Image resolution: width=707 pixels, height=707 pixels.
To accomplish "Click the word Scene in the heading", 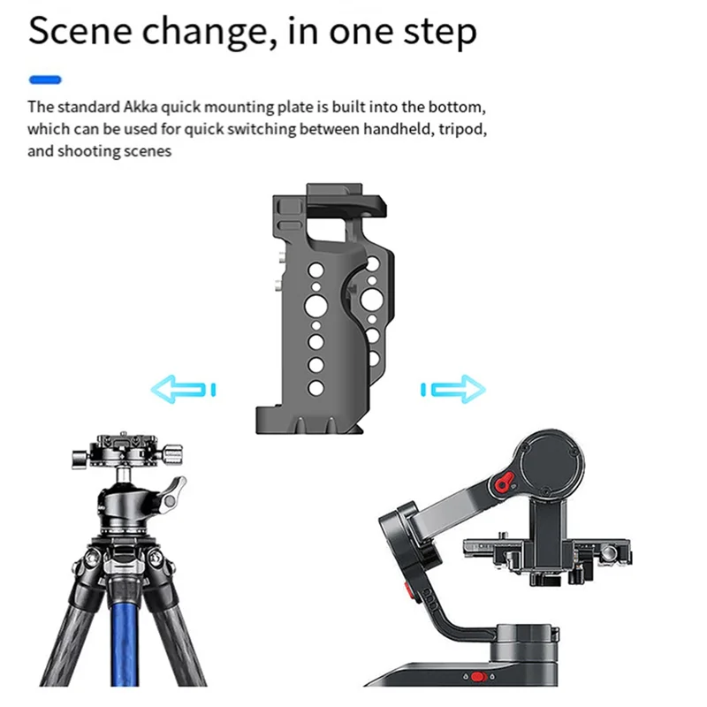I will [x=80, y=33].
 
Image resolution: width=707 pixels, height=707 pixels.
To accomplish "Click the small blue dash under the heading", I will [x=45, y=80].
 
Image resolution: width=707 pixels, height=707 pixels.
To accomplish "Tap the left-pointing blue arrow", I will [x=183, y=388].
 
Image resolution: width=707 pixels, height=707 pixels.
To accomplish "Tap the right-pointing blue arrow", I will [x=453, y=388].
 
